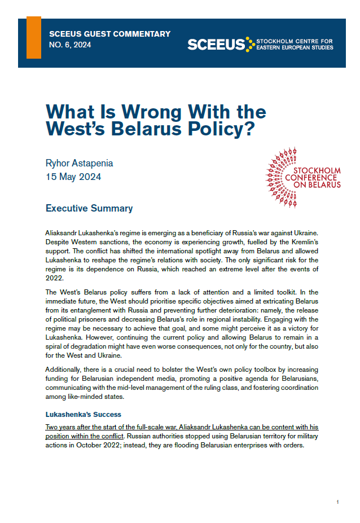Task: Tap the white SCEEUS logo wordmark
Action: click(217, 45)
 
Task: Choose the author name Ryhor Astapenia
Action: click(79, 164)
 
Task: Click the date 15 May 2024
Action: click(74, 177)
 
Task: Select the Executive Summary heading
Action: click(89, 209)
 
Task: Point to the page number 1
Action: click(337, 502)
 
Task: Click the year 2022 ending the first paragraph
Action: click(54, 278)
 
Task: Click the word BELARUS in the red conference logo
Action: click(323, 184)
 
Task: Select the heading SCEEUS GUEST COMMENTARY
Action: click(109, 34)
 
